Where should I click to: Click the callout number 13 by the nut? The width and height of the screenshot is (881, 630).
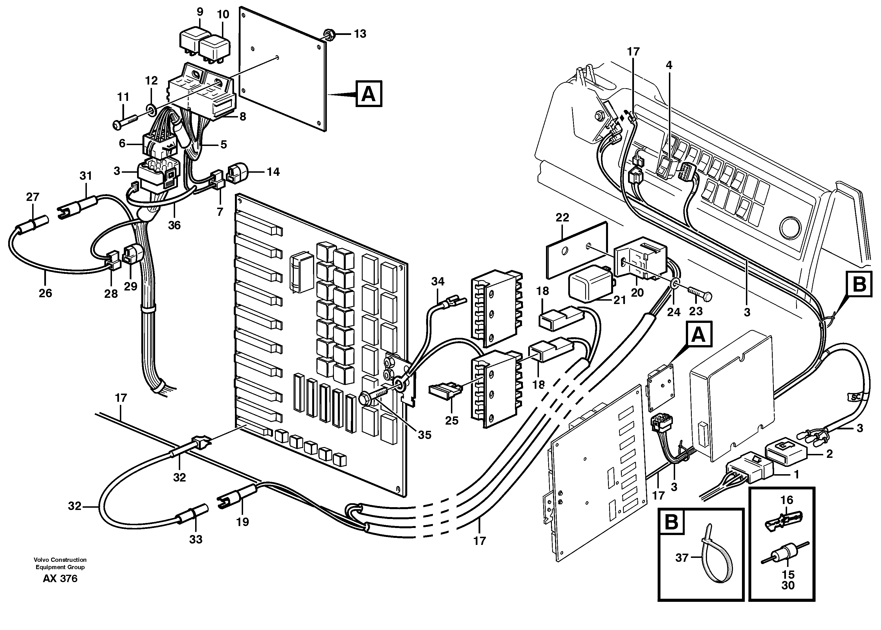[x=360, y=34]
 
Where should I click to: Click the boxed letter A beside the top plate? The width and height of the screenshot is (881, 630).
[x=369, y=94]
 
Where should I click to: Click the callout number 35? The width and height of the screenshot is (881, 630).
[x=424, y=435]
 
